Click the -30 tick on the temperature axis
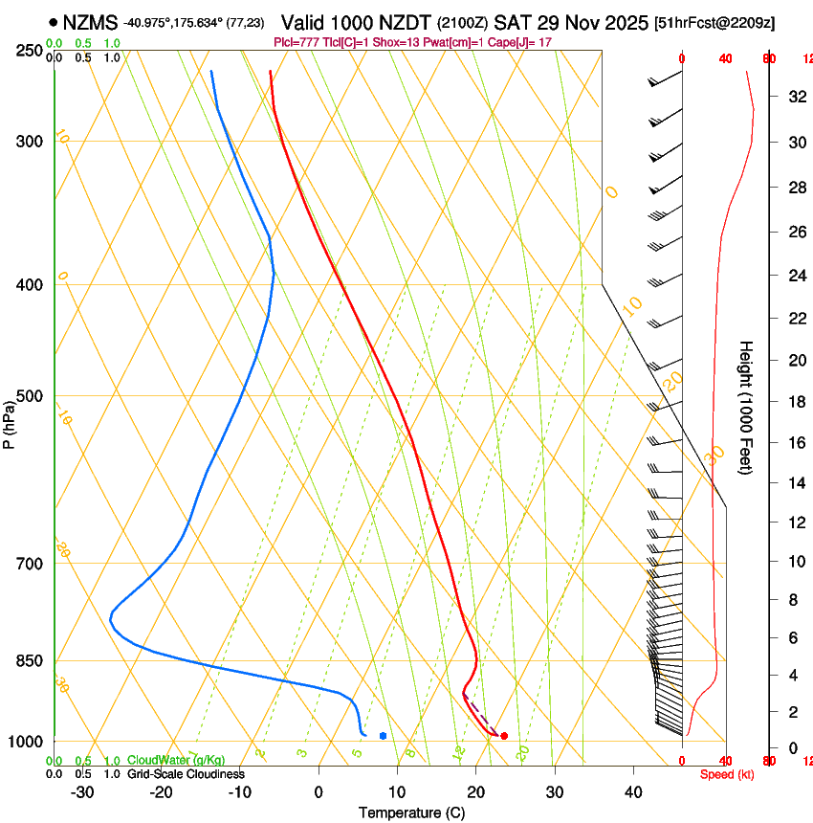click(82, 792)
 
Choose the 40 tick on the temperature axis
click(633, 792)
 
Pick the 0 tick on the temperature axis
click(319, 792)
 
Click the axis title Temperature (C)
click(411, 813)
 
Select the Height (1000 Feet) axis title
click(746, 408)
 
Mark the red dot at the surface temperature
click(504, 736)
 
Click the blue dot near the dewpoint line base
click(383, 736)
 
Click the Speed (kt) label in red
click(727, 774)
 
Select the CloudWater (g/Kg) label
click(176, 761)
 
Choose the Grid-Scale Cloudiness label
click(186, 774)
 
